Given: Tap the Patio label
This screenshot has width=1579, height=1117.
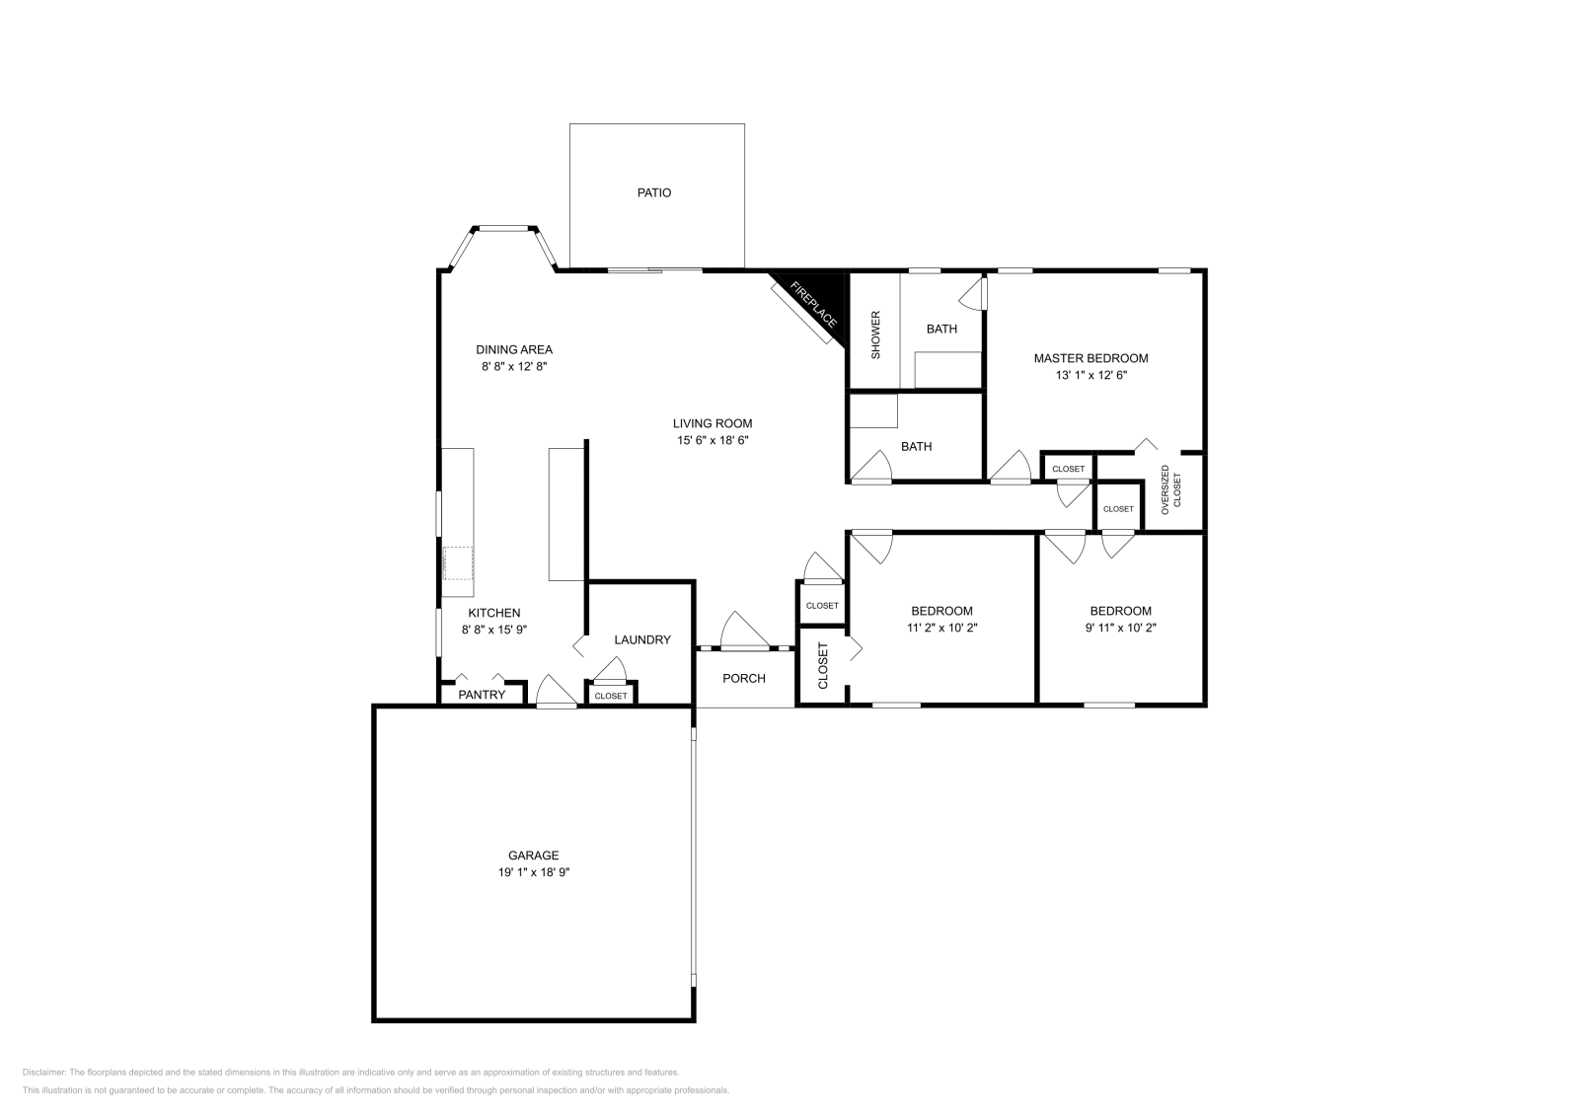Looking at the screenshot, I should (x=653, y=192).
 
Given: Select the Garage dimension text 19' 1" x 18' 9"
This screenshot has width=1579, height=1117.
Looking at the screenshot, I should (x=534, y=872).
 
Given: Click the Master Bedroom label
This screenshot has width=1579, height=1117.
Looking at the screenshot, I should (x=1090, y=358).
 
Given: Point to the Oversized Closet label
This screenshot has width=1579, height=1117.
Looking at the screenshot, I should (x=1170, y=488).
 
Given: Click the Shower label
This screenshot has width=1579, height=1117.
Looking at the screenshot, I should (x=874, y=335).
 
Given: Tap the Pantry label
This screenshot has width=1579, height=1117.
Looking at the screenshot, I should (x=482, y=695).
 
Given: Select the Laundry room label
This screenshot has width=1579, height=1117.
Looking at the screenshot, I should (x=641, y=639).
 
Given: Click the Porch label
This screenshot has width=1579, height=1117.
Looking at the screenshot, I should (x=744, y=678).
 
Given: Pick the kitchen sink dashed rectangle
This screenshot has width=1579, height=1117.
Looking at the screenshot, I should (x=458, y=563).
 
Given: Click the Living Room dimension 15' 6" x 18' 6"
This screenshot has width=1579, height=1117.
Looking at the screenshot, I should (x=713, y=441).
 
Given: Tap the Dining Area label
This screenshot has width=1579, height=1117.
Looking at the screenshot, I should (x=514, y=349).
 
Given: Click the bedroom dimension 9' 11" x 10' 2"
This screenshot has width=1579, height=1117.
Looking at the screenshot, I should (x=1120, y=627).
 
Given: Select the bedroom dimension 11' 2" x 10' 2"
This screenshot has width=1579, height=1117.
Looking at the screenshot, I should (x=941, y=627).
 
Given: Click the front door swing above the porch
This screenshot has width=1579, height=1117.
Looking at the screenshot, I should (x=742, y=631).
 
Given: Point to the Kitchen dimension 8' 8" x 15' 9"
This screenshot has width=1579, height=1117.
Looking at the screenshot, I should (x=494, y=629).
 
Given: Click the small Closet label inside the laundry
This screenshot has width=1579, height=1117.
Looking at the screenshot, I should (x=611, y=696).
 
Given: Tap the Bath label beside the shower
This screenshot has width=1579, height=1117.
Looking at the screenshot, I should (x=941, y=329).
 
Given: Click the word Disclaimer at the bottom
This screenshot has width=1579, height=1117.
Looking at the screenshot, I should (x=43, y=1072).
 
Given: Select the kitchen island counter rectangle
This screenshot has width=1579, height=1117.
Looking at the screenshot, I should (x=566, y=514).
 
